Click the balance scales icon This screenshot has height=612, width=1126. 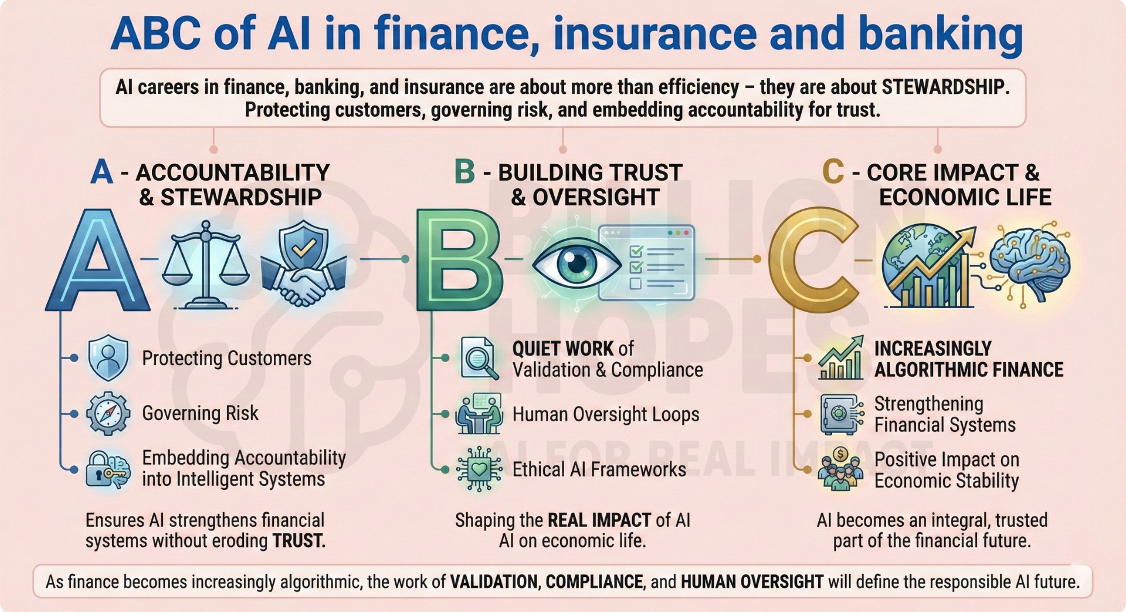click(205, 265)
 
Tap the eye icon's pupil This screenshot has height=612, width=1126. click(577, 263)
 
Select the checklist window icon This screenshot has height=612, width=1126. click(646, 262)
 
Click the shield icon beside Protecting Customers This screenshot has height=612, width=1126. click(108, 358)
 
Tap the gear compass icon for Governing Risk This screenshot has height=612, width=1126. click(107, 414)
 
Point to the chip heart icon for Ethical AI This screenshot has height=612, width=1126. click(480, 469)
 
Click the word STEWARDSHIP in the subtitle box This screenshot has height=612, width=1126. click(945, 87)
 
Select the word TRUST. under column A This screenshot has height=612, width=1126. click(299, 540)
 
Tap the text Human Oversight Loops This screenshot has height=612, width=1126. click(606, 414)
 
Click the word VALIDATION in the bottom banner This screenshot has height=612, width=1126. click(494, 581)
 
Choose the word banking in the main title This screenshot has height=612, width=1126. click(941, 34)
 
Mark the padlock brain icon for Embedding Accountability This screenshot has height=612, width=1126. click(108, 469)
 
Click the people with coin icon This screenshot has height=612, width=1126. click(841, 468)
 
